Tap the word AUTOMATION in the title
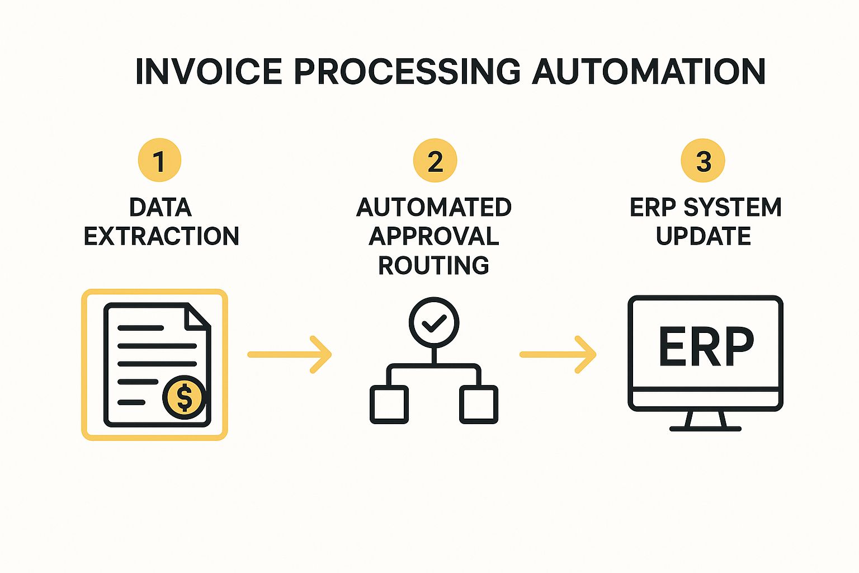point(648,72)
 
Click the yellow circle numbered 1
point(160,161)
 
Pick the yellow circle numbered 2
point(435,161)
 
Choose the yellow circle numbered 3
point(703,161)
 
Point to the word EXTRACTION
point(161,236)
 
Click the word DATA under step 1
point(161,207)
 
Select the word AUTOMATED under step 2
point(434,207)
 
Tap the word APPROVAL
point(434,236)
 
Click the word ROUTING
point(434,265)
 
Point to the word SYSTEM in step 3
point(732,207)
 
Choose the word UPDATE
point(704,236)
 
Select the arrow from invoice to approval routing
point(290,354)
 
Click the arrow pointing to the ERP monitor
point(558,354)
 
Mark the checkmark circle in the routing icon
point(434,323)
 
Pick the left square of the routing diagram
point(389,404)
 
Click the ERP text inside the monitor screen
point(706,347)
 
